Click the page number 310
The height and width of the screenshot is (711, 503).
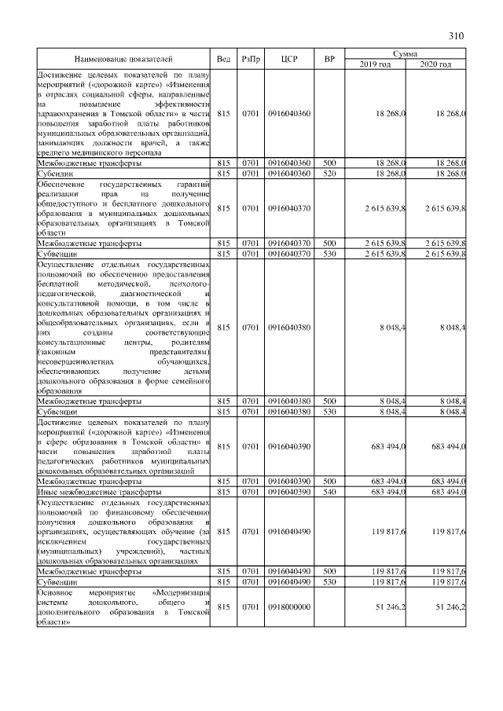pyautogui.click(x=457, y=35)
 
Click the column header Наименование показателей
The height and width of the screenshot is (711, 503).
pyautogui.click(x=123, y=59)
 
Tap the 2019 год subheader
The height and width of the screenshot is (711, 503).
pyautogui.click(x=375, y=64)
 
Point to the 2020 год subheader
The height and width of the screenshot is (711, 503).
pyautogui.click(x=436, y=64)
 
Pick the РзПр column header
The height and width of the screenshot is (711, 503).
pyautogui.click(x=251, y=59)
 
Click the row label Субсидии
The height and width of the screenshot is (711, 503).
pyautogui.click(x=56, y=173)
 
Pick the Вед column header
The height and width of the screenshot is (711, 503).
pyautogui.click(x=223, y=59)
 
